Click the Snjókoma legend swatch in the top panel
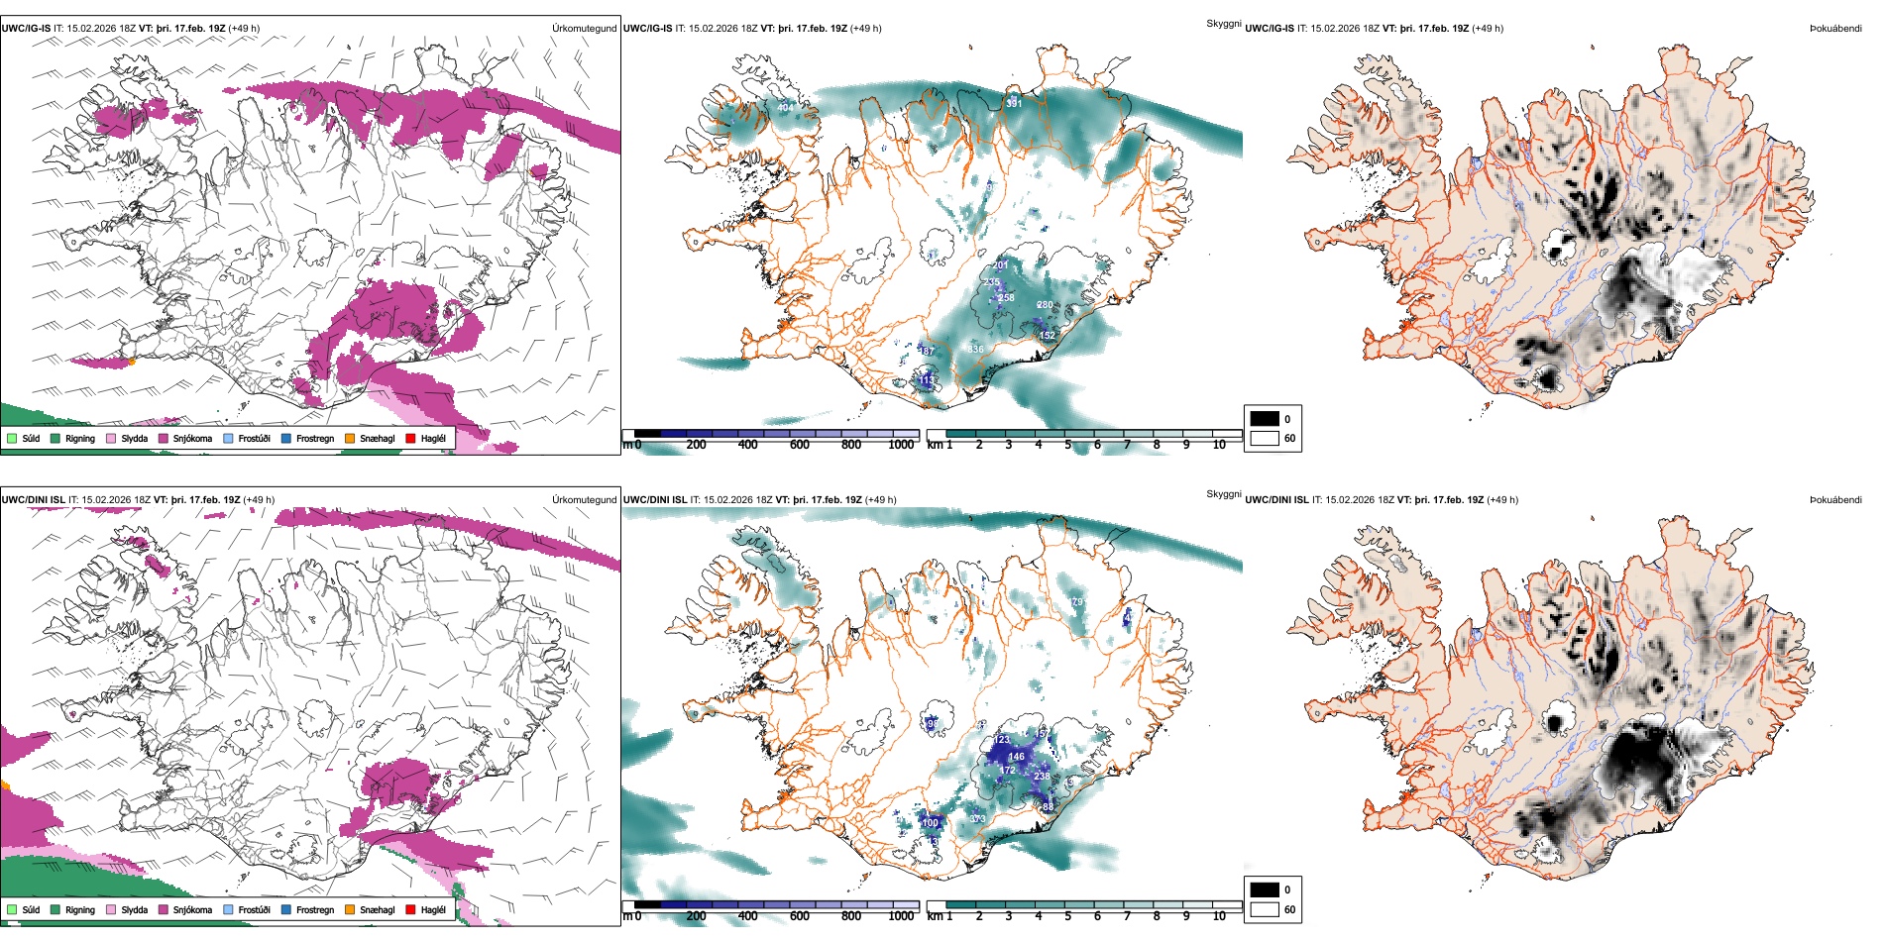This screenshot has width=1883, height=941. click(164, 439)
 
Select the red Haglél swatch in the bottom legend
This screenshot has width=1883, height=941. click(411, 909)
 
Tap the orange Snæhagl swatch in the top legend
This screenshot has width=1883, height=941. click(350, 439)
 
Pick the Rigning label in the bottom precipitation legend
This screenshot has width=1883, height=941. click(80, 910)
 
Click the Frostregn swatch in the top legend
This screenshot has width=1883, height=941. click(286, 439)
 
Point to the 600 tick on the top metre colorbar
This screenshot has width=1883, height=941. click(799, 445)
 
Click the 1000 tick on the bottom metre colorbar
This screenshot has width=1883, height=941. click(901, 916)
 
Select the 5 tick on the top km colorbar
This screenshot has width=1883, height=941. click(1067, 445)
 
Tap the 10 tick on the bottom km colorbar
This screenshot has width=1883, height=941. click(1219, 916)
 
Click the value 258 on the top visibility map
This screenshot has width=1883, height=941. click(1006, 297)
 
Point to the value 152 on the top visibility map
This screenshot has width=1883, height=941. click(1048, 336)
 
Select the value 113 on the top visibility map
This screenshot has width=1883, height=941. click(927, 380)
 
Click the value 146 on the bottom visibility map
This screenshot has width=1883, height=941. click(1017, 757)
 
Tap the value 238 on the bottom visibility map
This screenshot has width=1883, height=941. click(1042, 776)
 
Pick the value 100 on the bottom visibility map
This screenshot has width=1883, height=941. click(930, 823)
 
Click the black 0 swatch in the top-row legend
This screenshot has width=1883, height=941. click(1265, 419)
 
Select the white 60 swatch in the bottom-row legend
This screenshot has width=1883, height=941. click(1265, 909)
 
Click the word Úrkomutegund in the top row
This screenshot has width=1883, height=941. click(584, 29)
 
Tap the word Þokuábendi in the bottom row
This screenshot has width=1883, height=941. click(1835, 500)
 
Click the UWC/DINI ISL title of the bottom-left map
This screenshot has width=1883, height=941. click(33, 500)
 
